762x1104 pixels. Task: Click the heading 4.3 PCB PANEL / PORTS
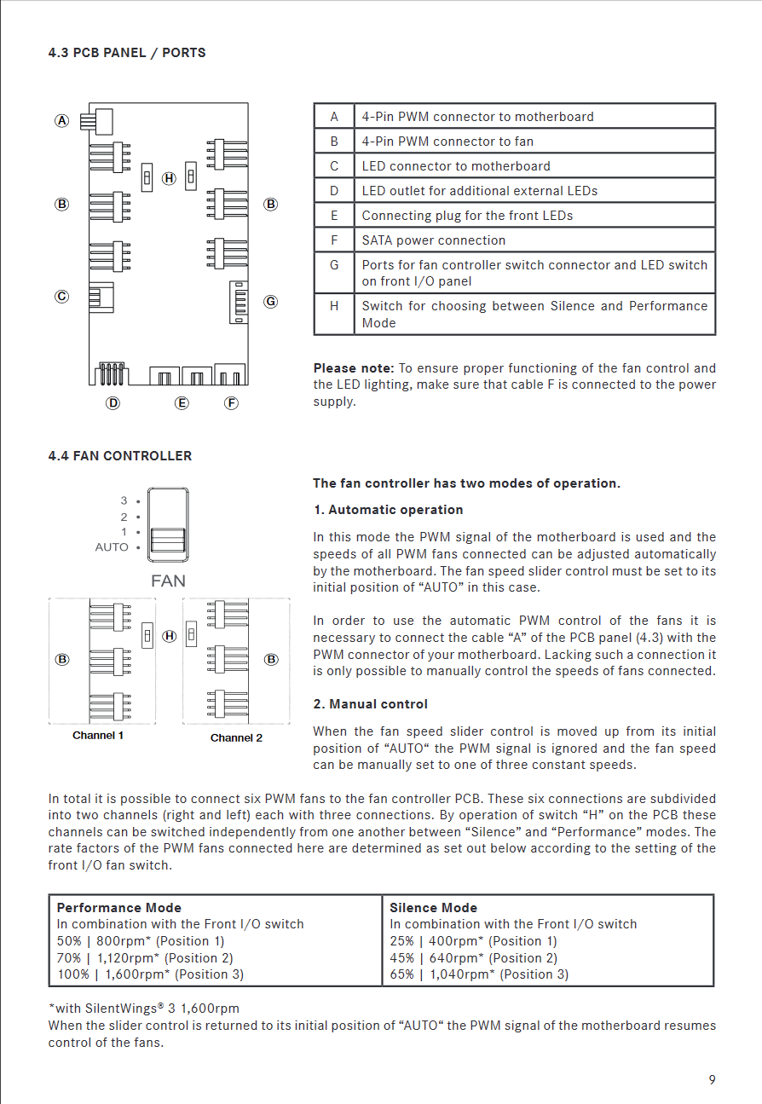point(126,53)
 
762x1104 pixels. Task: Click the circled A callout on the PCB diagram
point(62,120)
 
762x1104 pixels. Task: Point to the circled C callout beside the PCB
point(62,297)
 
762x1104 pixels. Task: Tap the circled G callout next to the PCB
point(270,301)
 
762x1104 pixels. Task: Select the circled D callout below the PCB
point(113,403)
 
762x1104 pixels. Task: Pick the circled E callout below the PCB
point(182,403)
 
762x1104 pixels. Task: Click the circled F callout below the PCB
point(231,403)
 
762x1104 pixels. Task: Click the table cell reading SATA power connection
point(433,240)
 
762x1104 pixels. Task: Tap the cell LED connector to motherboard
point(455,166)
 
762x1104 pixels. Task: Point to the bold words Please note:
point(354,368)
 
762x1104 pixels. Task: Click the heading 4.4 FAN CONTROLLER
point(119,456)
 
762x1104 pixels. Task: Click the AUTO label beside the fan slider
point(112,547)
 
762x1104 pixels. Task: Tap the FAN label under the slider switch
point(168,581)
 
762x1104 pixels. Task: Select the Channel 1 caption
point(98,736)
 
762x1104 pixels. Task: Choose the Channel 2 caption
point(236,737)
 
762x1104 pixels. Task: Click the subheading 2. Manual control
point(370,704)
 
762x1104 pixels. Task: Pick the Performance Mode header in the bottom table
point(118,908)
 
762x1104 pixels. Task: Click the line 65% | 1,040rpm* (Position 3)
point(479,974)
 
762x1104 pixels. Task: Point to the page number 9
point(712,1080)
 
